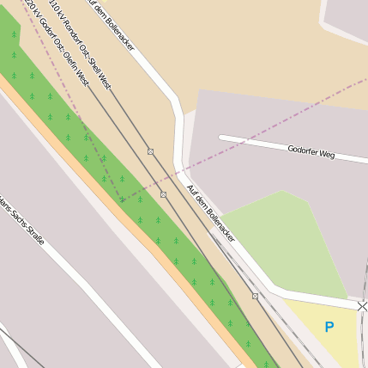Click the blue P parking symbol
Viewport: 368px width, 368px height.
[329, 327]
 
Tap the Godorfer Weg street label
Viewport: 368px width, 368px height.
[311, 150]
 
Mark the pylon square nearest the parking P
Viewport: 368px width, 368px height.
[255, 296]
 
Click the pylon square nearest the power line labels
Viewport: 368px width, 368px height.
[150, 151]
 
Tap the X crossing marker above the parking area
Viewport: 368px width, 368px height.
[362, 306]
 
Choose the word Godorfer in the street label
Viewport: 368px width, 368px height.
[302, 150]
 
